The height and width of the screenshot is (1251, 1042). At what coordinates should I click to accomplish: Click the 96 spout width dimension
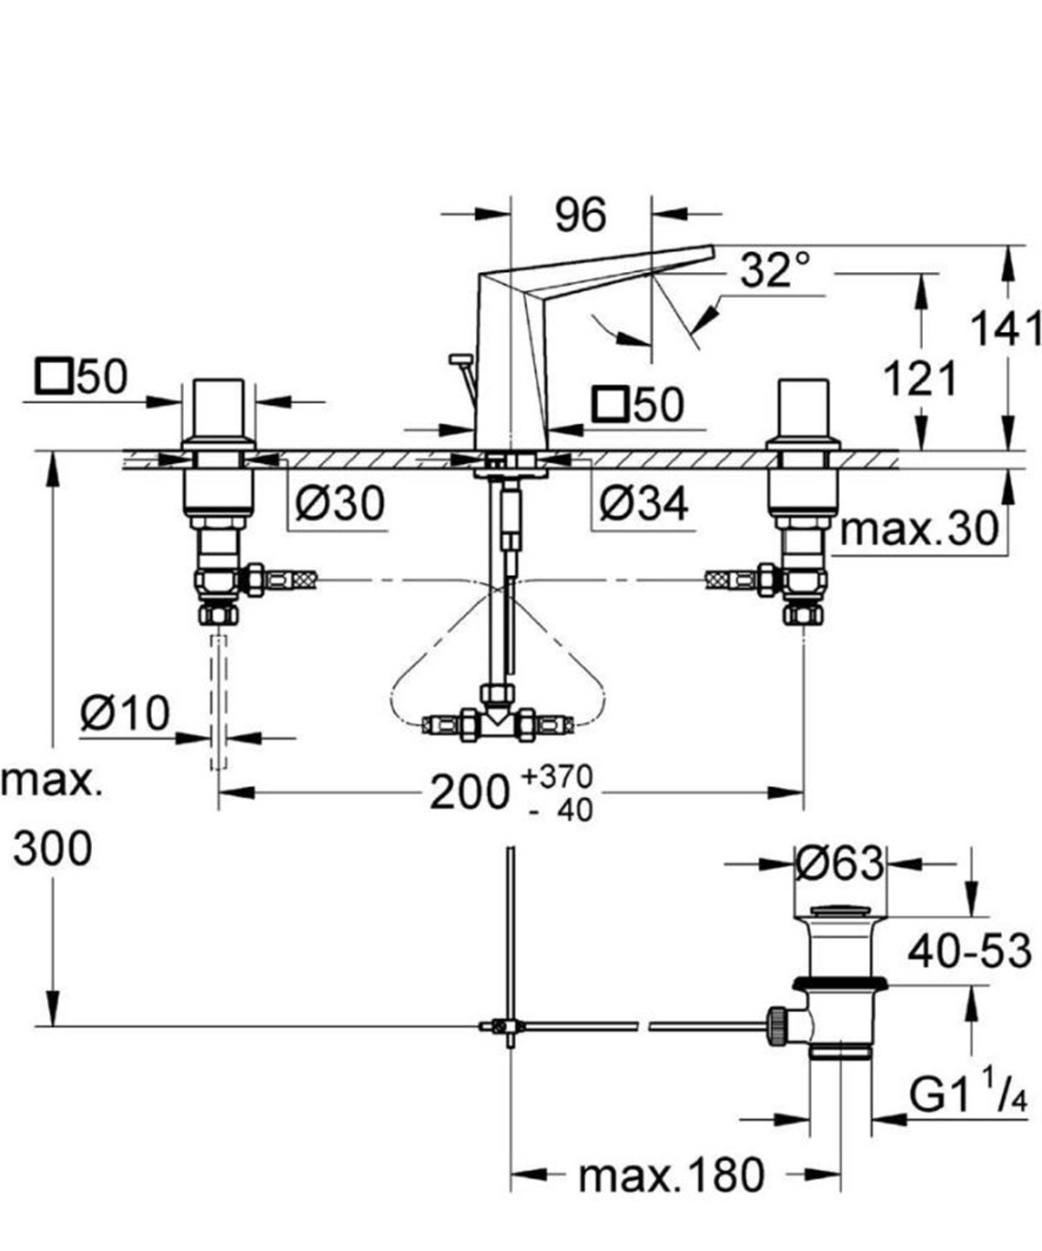pos(580,214)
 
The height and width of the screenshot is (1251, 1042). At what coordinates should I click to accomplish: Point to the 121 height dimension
pos(920,379)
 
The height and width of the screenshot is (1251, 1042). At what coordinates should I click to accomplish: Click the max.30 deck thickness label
pos(920,529)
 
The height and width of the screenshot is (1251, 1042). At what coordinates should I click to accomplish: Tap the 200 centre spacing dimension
pos(469,791)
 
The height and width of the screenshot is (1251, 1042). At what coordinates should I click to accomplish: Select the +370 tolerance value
pos(557,775)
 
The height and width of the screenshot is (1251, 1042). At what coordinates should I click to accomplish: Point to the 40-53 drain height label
pos(969,951)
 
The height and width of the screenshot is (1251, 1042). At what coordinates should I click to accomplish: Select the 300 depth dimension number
pos(52,848)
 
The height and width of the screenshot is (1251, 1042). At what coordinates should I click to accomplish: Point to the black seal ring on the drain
pos(840,983)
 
